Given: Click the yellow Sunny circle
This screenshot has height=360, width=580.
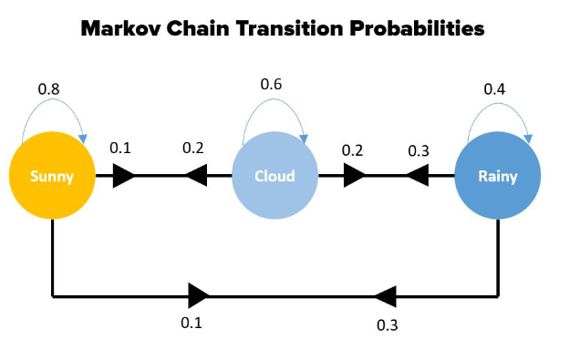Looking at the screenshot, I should [x=52, y=176].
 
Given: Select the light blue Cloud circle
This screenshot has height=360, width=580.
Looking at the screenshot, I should [x=274, y=176].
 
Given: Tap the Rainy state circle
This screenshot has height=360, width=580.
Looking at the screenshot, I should [x=497, y=176].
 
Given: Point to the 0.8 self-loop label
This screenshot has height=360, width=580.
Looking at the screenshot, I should [x=50, y=89].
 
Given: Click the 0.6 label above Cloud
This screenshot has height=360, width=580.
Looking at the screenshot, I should [x=271, y=85].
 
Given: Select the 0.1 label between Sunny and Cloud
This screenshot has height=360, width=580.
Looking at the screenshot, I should [x=121, y=148].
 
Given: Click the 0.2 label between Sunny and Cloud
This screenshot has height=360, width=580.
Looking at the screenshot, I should [x=193, y=148].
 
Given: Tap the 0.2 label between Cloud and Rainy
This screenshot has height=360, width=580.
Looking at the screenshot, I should [x=352, y=150].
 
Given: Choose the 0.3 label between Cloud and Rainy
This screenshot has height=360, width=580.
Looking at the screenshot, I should [x=419, y=150].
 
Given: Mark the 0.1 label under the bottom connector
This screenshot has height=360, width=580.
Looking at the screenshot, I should [x=192, y=322].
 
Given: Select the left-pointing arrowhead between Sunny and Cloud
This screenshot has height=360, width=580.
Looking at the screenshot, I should [x=196, y=176].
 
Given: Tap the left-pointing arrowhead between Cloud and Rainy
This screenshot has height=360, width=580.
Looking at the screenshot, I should [x=417, y=176].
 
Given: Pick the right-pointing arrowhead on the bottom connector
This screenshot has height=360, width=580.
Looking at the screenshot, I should [x=199, y=295].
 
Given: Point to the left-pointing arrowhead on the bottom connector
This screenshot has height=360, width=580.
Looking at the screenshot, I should [x=385, y=295].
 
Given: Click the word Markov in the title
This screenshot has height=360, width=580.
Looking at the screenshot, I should [x=126, y=28].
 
